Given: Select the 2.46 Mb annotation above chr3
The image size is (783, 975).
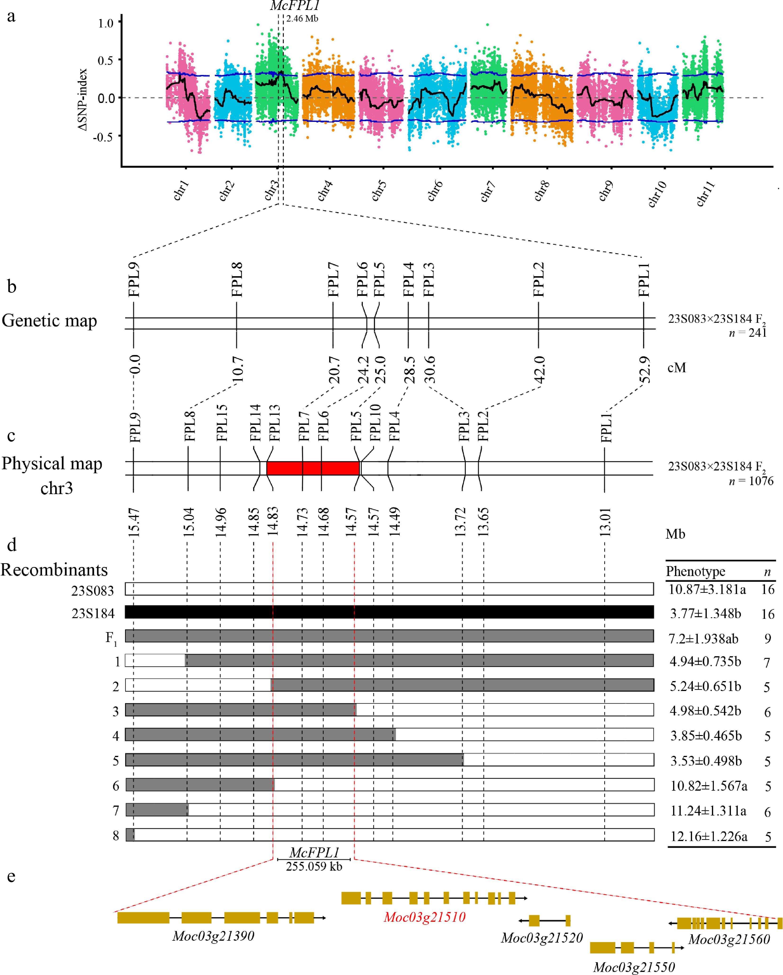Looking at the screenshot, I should [302, 18].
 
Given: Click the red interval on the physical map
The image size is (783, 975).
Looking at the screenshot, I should [313, 468].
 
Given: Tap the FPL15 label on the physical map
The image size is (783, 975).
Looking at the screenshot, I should [221, 423].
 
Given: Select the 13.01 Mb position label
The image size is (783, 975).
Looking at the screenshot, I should [605, 522].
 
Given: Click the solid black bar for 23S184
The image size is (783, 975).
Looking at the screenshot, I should [389, 612].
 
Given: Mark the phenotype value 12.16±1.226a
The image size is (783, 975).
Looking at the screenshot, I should [708, 837].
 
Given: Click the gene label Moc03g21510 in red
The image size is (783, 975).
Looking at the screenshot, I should [424, 917].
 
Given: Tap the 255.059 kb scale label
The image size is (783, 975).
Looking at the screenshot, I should [314, 866].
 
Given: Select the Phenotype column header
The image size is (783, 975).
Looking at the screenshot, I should [695, 572].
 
